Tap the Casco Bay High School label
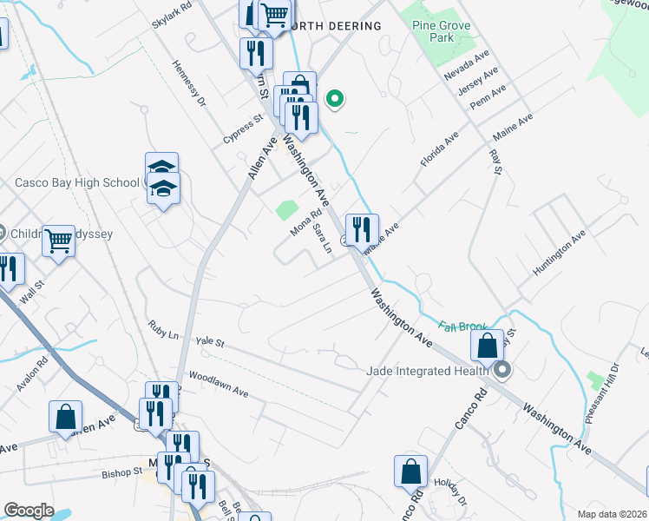point(76,182)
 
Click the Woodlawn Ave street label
point(218,386)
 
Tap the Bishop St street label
point(121,474)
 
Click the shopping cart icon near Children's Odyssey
point(59,241)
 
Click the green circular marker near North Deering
point(334,99)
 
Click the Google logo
point(29,510)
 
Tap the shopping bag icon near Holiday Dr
point(410,472)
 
